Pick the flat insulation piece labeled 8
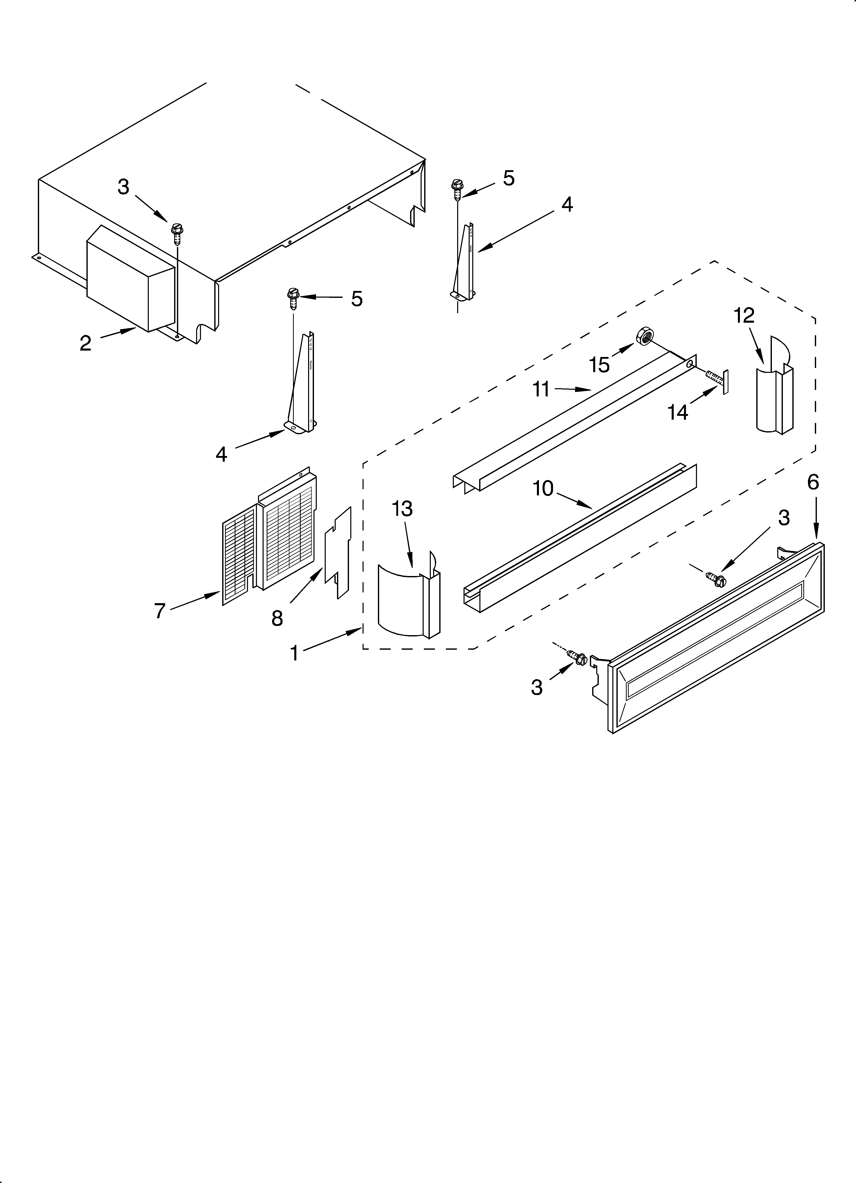[338, 553]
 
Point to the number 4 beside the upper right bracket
[567, 204]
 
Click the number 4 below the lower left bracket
[222, 454]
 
